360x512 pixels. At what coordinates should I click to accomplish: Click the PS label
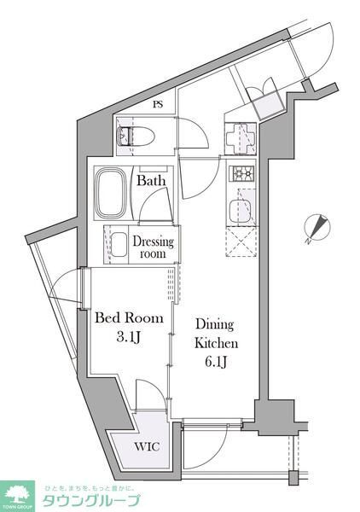[x=158, y=105]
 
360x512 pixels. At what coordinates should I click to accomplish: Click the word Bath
[x=152, y=181]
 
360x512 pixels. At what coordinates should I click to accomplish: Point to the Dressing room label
[x=154, y=247]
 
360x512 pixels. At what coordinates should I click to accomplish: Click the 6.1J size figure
[x=215, y=362]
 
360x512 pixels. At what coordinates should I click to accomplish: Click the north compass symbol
[x=320, y=228]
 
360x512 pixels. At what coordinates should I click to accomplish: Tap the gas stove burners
[x=241, y=173]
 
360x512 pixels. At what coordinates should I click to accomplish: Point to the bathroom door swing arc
[x=158, y=205]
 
